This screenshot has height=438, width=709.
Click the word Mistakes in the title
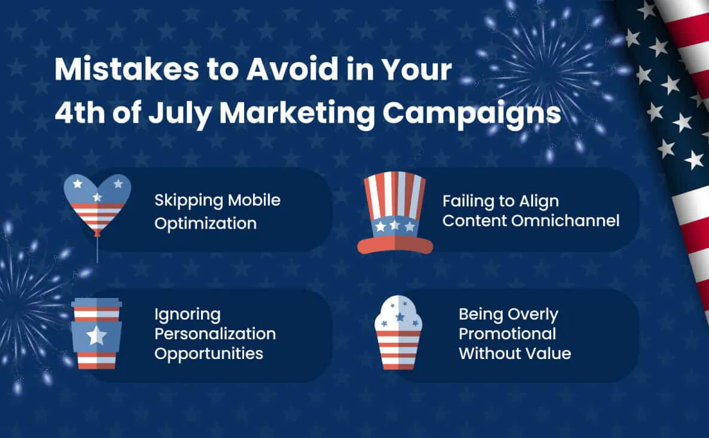(x=127, y=69)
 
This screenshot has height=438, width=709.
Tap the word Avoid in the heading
(x=292, y=69)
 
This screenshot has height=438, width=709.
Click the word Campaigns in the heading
(x=471, y=114)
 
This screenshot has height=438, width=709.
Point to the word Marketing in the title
(x=297, y=114)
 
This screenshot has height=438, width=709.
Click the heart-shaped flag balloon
(x=97, y=204)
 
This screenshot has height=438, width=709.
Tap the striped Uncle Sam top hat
(x=395, y=213)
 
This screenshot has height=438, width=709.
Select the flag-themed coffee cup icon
(x=96, y=333)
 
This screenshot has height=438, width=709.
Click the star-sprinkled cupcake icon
(x=398, y=332)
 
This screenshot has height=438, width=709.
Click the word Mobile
(x=254, y=200)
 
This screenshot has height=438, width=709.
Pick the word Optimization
(x=205, y=223)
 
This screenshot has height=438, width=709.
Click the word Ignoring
(x=188, y=315)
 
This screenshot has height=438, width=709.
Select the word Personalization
(x=215, y=333)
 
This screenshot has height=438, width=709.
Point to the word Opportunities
(x=209, y=354)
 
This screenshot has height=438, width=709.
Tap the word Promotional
(x=507, y=333)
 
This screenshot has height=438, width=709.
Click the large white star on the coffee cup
(x=96, y=336)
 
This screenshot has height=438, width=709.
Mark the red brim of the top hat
(x=395, y=246)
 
